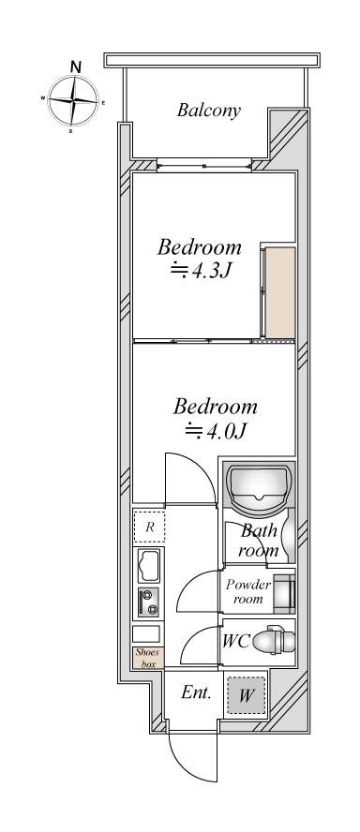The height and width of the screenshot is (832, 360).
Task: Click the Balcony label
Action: point(209,110)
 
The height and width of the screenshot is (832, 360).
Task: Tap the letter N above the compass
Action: point(76,67)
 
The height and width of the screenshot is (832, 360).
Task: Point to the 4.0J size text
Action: point(216,431)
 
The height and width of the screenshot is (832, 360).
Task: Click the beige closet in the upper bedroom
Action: point(279,292)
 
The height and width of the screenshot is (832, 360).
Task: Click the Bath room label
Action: point(259,540)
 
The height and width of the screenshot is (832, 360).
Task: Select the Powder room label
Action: point(247,591)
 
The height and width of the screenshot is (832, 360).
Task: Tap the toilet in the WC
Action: point(274,642)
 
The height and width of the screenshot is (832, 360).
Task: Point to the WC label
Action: point(235,642)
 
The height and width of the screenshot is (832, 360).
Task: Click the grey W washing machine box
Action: point(245,694)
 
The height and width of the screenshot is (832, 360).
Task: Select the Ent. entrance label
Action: point(197,692)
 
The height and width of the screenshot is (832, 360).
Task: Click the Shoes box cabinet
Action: point(147,658)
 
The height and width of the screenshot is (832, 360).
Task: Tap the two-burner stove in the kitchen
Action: point(148,602)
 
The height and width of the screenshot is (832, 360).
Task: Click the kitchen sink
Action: point(149,566)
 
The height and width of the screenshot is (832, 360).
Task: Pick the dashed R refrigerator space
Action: point(149,527)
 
